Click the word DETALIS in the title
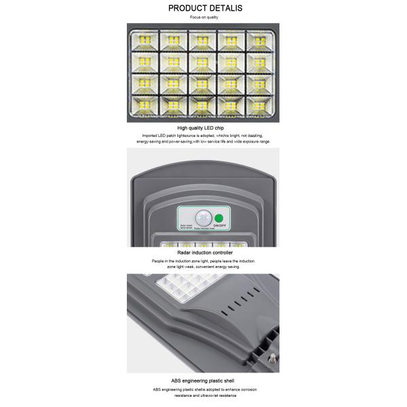point(223,8)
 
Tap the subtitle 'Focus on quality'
point(203,17)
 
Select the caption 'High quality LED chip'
point(203,128)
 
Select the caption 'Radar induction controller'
point(203,252)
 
